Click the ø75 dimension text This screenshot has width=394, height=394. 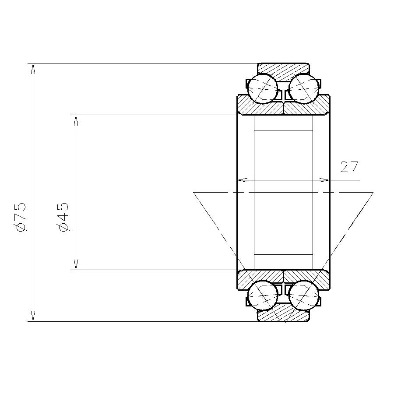tap(21, 217)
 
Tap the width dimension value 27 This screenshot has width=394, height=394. tap(349, 167)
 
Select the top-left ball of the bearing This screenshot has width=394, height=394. tap(262, 89)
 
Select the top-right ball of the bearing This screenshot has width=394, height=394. tap(303, 89)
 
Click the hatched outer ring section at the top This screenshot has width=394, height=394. tap(283, 70)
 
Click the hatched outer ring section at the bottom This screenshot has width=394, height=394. tap(283, 315)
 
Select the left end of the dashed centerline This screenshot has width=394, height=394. tap(194, 192)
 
